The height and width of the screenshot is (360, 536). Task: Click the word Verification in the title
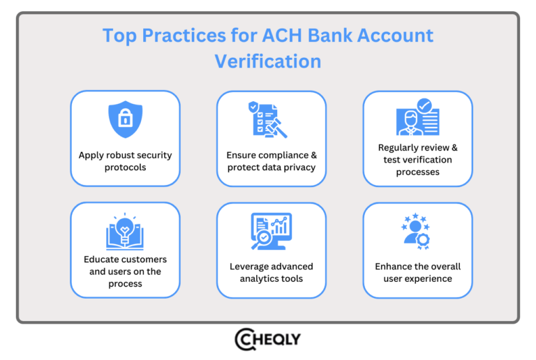click(x=268, y=61)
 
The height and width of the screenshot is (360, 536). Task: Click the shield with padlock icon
click(x=125, y=119)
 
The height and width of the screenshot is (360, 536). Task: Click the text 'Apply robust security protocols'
click(x=125, y=161)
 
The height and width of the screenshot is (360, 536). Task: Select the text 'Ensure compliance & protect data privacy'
click(x=271, y=161)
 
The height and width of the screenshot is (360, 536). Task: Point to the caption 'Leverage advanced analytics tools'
click(x=271, y=272)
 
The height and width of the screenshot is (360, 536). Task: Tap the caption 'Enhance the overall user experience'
click(x=418, y=272)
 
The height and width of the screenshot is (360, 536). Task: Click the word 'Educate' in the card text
click(x=103, y=260)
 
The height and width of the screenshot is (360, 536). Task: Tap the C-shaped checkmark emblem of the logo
click(x=245, y=338)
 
